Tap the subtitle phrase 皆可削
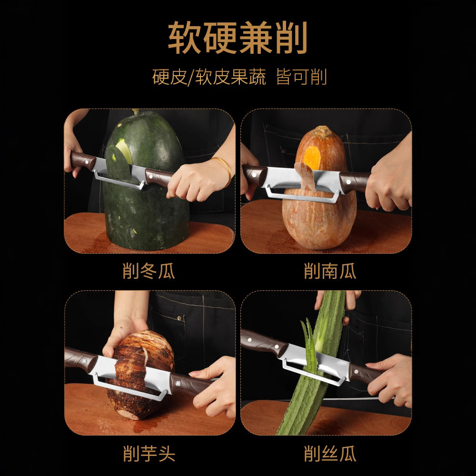pyautogui.click(x=301, y=76)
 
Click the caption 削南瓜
pyautogui.click(x=329, y=272)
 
